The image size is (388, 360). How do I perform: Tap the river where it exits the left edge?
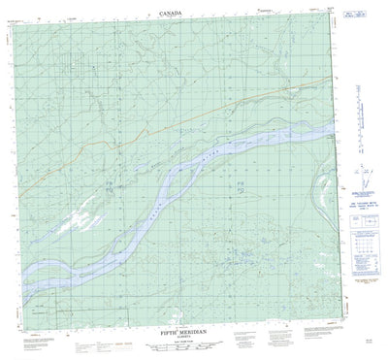pos(21,262)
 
